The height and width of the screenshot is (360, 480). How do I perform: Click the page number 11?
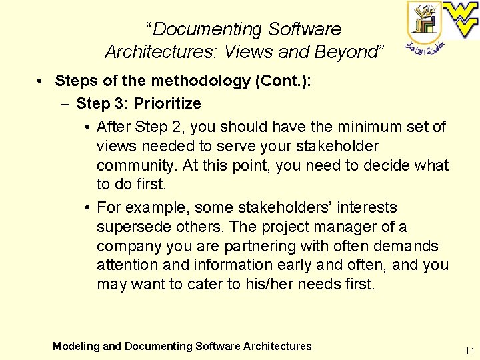(470, 351)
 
